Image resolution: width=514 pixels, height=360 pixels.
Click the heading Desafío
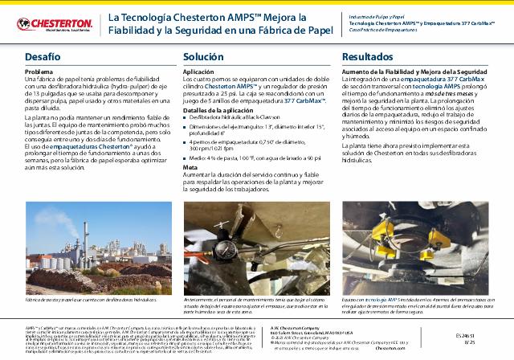[42, 58]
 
